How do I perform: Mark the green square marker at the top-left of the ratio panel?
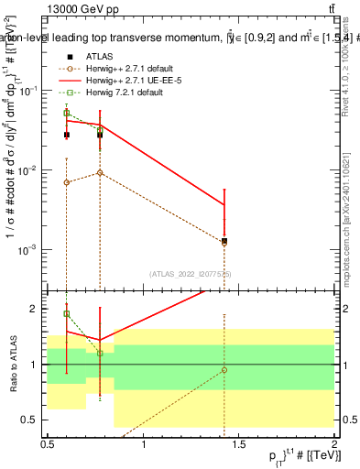point(67,314)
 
